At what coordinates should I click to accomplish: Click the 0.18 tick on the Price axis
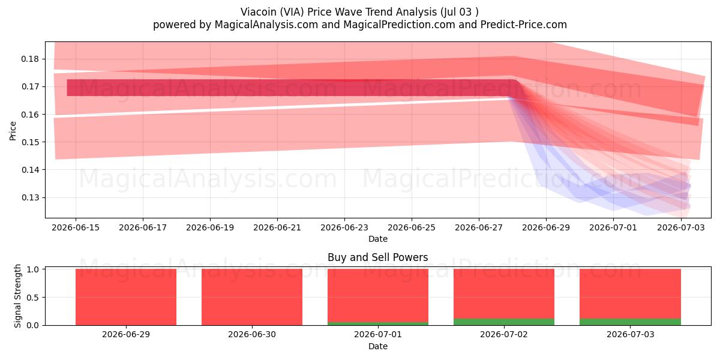pos(30,59)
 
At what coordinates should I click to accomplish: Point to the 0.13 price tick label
pos(30,197)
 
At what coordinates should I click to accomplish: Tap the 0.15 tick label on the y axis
pos(30,142)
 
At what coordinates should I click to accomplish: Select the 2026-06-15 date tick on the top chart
pos(76,228)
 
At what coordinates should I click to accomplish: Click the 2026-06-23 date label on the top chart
pos(344,228)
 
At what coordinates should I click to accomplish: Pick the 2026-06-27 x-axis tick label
pos(479,228)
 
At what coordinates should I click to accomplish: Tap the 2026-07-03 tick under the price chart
pos(681,228)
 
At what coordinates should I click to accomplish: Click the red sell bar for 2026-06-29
pos(126,297)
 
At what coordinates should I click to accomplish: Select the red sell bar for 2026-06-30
pos(252,297)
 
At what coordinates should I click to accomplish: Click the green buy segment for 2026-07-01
pos(378,323)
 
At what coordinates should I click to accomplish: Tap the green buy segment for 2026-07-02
pos(504,322)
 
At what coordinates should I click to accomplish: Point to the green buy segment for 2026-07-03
pos(631,322)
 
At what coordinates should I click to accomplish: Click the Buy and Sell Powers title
pos(378,257)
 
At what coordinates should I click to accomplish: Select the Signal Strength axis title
pos(17,296)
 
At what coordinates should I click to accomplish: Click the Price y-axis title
pos(13,131)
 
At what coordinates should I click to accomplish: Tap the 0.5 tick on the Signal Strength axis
pos(32,298)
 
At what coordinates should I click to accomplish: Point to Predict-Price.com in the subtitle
pos(524,25)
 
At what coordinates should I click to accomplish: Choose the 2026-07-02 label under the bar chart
pos(504,335)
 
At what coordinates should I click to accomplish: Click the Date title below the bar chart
pos(378,347)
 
